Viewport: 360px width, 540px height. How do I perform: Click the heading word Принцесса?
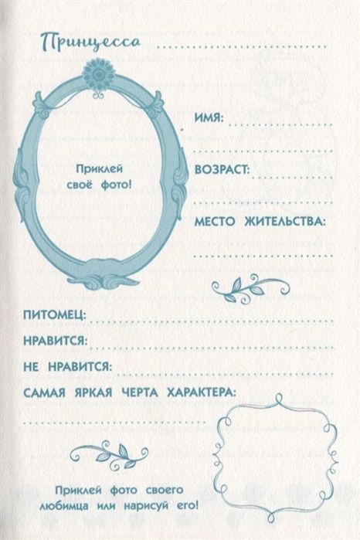click(90, 42)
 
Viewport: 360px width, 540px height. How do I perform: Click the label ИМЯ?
click(209, 118)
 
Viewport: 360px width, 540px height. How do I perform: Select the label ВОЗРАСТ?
click(222, 170)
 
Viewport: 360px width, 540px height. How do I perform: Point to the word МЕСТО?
click(215, 222)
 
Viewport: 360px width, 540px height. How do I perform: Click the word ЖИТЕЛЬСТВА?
click(284, 222)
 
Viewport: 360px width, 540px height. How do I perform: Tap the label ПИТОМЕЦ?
click(55, 315)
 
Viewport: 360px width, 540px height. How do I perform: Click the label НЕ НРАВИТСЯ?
click(68, 366)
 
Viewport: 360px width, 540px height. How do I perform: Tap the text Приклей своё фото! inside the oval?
click(99, 177)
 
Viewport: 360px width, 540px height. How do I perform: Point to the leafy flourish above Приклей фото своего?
click(109, 456)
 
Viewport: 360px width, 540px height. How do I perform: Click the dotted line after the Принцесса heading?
click(242, 46)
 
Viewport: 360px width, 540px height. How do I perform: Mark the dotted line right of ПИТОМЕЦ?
click(212, 321)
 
